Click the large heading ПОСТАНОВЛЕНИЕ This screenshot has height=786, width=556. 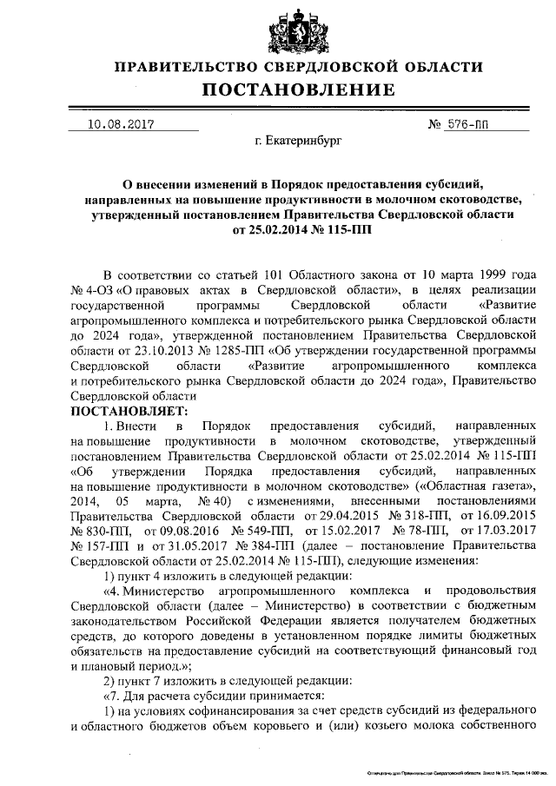[299, 90]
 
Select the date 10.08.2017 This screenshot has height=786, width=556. [121, 123]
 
